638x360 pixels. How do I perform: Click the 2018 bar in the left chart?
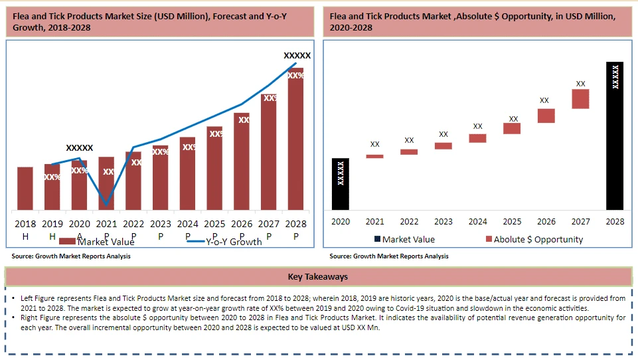pyautogui.click(x=25, y=188)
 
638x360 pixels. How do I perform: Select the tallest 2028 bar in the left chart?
pyautogui.click(x=295, y=139)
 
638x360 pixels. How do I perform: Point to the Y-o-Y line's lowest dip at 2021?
pyautogui.click(x=106, y=204)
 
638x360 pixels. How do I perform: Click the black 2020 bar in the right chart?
pyautogui.click(x=341, y=184)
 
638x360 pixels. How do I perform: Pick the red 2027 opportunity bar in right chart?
pyautogui.click(x=580, y=99)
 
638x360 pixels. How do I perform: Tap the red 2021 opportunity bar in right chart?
pyautogui.click(x=375, y=156)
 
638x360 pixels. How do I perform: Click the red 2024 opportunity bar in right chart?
pyautogui.click(x=477, y=138)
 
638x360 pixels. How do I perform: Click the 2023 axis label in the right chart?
pyautogui.click(x=443, y=222)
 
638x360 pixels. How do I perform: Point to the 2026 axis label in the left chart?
pyautogui.click(x=242, y=225)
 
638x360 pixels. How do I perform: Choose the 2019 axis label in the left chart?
pyautogui.click(x=52, y=225)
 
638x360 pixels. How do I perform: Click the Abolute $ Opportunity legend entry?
pyautogui.click(x=534, y=239)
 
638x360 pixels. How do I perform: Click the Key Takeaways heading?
pyautogui.click(x=318, y=277)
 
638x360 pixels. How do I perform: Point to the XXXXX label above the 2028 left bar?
pyautogui.click(x=297, y=56)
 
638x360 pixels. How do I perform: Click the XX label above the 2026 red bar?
pyautogui.click(x=544, y=100)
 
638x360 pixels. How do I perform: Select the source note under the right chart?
pyautogui.click(x=389, y=256)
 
